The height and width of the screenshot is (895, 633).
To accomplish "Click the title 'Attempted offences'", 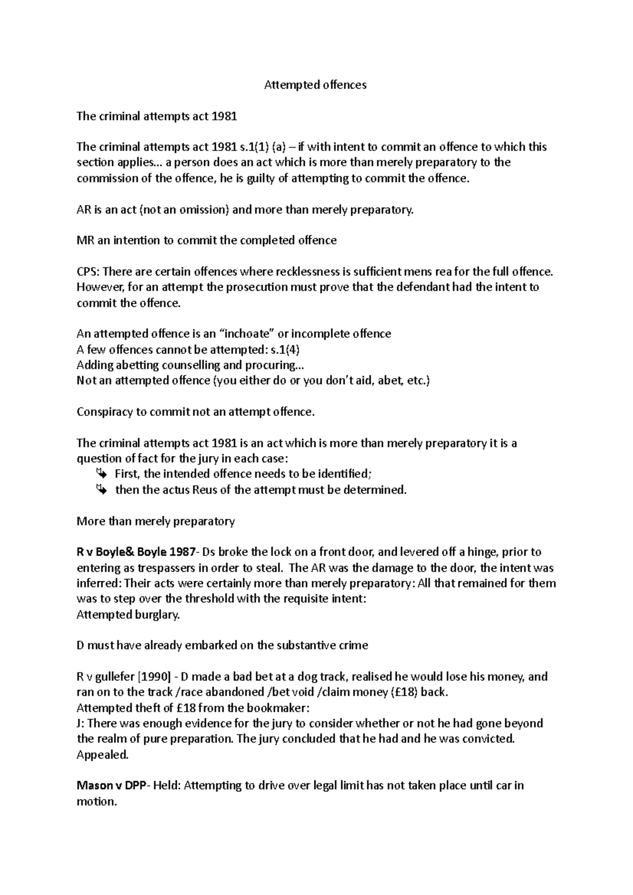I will pos(315,85).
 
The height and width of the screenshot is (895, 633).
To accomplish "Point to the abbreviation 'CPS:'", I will pos(88,272).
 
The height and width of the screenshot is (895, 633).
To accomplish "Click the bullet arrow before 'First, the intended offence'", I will pos(101,474).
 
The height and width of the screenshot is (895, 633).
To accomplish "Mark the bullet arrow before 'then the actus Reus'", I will pos(101,490).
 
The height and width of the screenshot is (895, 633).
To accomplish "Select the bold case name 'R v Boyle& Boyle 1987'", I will pos(136,552).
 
